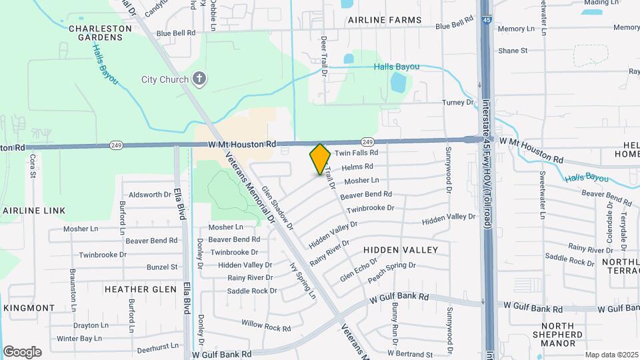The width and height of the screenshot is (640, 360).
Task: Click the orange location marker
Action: (320, 159)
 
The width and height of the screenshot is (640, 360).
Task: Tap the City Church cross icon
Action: (198, 79)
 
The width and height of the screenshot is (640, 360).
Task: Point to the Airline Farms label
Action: (384, 21)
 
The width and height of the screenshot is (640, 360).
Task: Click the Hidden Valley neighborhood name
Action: (401, 250)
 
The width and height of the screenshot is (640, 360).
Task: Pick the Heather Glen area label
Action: (140, 289)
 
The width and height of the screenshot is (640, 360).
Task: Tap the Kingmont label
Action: (29, 308)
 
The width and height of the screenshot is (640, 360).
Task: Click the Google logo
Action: (22, 351)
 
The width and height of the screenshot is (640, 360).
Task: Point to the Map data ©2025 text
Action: (611, 354)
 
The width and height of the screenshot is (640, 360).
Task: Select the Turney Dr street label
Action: (457, 103)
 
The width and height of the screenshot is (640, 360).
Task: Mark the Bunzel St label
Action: (162, 267)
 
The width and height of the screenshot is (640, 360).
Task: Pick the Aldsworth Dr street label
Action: (150, 195)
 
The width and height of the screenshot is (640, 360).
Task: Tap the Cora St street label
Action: (32, 167)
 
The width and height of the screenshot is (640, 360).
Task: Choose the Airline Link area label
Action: (34, 211)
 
